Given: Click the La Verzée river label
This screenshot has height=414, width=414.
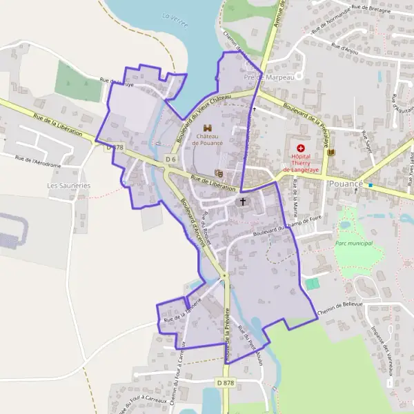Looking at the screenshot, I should pyautogui.click(x=175, y=15).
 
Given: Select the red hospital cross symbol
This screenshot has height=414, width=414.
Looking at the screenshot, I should pyautogui.click(x=301, y=148).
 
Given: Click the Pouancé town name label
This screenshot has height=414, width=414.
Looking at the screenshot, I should pyautogui.click(x=347, y=184).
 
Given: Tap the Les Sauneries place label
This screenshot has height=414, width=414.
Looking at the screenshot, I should pyautogui.click(x=68, y=186).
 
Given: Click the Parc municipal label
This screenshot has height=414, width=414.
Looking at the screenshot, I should pyautogui.click(x=353, y=243).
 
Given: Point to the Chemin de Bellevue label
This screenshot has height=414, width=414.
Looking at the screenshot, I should pyautogui.click(x=340, y=304).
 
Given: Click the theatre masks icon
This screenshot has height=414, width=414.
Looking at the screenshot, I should pyautogui.click(x=219, y=173).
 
